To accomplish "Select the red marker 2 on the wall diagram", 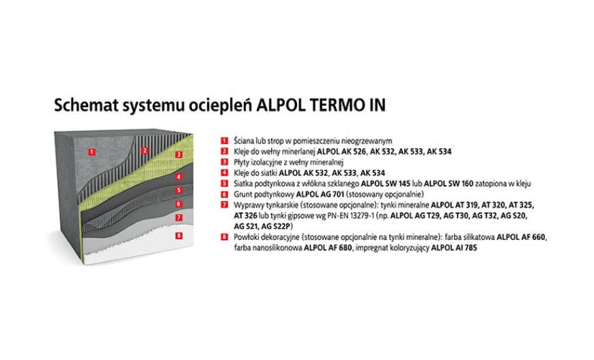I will click(x=144, y=150).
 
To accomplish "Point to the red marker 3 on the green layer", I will click(x=178, y=155).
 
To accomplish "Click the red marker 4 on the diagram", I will click(x=178, y=177).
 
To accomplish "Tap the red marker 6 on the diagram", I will click(x=178, y=204).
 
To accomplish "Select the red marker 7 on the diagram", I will click(x=178, y=218).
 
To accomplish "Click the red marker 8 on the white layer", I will click(x=178, y=236).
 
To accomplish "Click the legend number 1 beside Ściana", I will click(x=223, y=140).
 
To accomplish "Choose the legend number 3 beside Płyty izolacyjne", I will click(x=223, y=162).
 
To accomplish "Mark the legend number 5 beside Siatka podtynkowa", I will click(x=223, y=184).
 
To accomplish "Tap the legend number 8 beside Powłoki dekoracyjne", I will click(x=223, y=237).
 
